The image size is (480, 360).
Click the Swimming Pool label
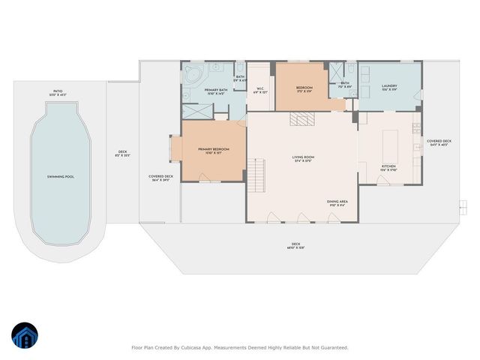pyautogui.click(x=58, y=177)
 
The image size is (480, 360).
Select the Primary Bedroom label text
pyautogui.click(x=214, y=151)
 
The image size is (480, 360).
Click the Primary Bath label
pyautogui.click(x=217, y=91)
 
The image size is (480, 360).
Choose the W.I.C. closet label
pyautogui.click(x=260, y=91)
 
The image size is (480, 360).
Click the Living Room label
pyautogui.click(x=303, y=158)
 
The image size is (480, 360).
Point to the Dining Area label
pyautogui.click(x=337, y=202)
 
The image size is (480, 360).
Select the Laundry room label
pyautogui.click(x=388, y=87)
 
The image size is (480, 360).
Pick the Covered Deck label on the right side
pyautogui.click(x=439, y=142)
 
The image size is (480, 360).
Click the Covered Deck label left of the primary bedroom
pyautogui.click(x=161, y=178)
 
